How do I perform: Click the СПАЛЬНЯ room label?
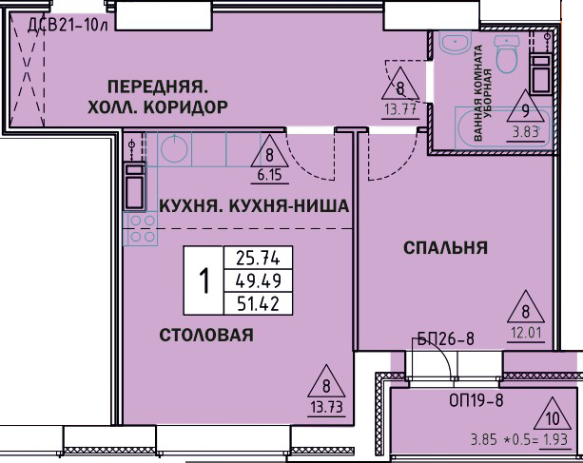pyautogui.click(x=445, y=248)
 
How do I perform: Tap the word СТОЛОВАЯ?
pyautogui.click(x=206, y=336)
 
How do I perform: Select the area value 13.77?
pyautogui.click(x=400, y=110)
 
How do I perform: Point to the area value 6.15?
pyautogui.click(x=269, y=175)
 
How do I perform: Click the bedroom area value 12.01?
pyautogui.click(x=526, y=333)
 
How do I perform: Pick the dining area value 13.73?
pyautogui.click(x=327, y=408)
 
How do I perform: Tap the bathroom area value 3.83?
pyautogui.click(x=526, y=132)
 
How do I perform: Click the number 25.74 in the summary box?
pyautogui.click(x=258, y=259)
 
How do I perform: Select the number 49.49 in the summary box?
pyautogui.click(x=258, y=280)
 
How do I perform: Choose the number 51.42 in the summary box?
pyautogui.click(x=258, y=303)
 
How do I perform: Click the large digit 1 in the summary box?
pyautogui.click(x=204, y=281)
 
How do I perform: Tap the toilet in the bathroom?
pyautogui.click(x=506, y=54)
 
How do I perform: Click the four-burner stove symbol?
pyautogui.click(x=141, y=228)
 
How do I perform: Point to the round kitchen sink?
pyautogui.click(x=174, y=148)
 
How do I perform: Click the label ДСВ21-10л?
pyautogui.click(x=68, y=26)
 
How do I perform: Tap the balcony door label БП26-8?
pyautogui.click(x=446, y=338)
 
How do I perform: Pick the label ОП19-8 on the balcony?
pyautogui.click(x=476, y=400)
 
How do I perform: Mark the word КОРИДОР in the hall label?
pyautogui.click(x=185, y=107)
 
